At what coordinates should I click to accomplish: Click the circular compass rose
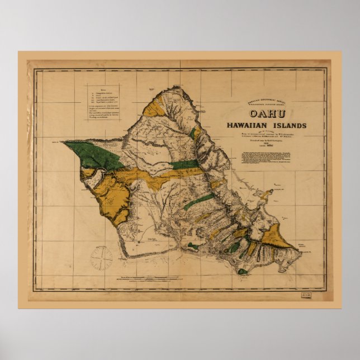[x=102, y=258]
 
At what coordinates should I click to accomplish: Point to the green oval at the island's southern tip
[x=241, y=272]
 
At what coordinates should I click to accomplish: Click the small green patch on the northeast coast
[x=194, y=133]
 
